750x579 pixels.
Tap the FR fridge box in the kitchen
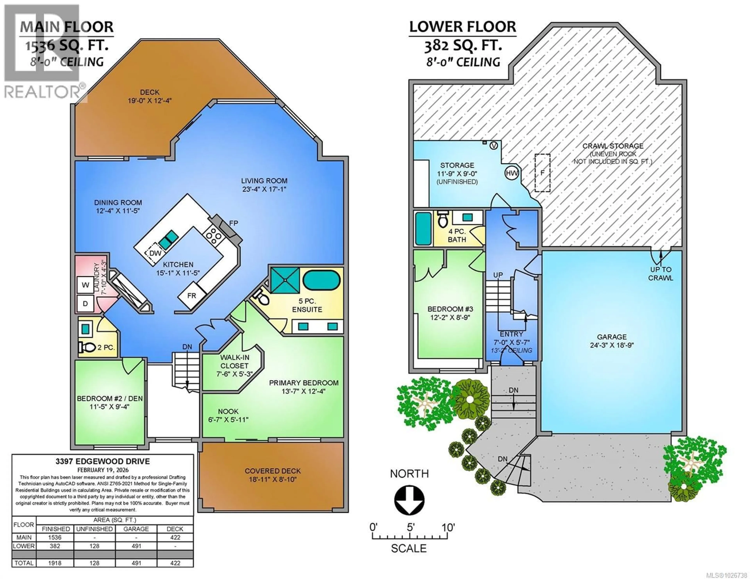191,295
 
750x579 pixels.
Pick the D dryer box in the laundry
85,303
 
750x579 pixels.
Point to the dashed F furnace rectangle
542,173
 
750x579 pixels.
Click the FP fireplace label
234,223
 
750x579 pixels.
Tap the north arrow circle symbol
409,499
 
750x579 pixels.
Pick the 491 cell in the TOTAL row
136,563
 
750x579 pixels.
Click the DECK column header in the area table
175,529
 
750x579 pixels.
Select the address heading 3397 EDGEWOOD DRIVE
103,461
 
